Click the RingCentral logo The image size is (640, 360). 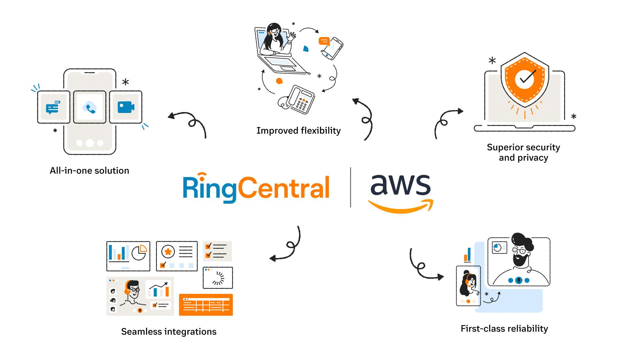[256, 188]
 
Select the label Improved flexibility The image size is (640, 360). [298, 131]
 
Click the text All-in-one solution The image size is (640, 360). [89, 171]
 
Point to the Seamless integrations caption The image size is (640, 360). [169, 332]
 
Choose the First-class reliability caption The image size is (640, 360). [504, 329]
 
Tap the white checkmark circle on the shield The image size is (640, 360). [525, 79]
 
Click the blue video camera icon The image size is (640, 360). [126, 107]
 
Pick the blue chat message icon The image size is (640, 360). [53, 107]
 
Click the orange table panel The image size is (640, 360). [206, 305]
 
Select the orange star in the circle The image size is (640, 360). [168, 252]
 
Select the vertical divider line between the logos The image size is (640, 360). [350, 187]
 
